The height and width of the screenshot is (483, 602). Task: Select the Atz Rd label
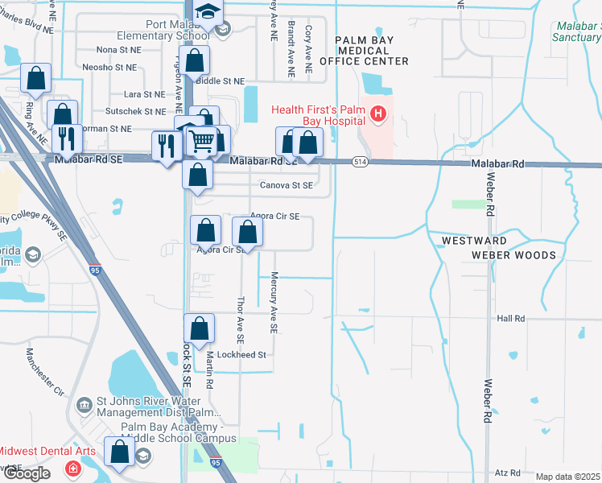tap(509, 473)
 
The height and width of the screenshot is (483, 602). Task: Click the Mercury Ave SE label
tap(274, 303)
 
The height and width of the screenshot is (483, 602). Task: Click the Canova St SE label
tap(286, 185)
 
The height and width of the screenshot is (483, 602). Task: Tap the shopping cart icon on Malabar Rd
tap(203, 142)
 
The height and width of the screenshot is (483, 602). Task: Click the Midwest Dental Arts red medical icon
tap(73, 468)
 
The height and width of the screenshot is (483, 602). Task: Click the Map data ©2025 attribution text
tap(568, 477)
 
